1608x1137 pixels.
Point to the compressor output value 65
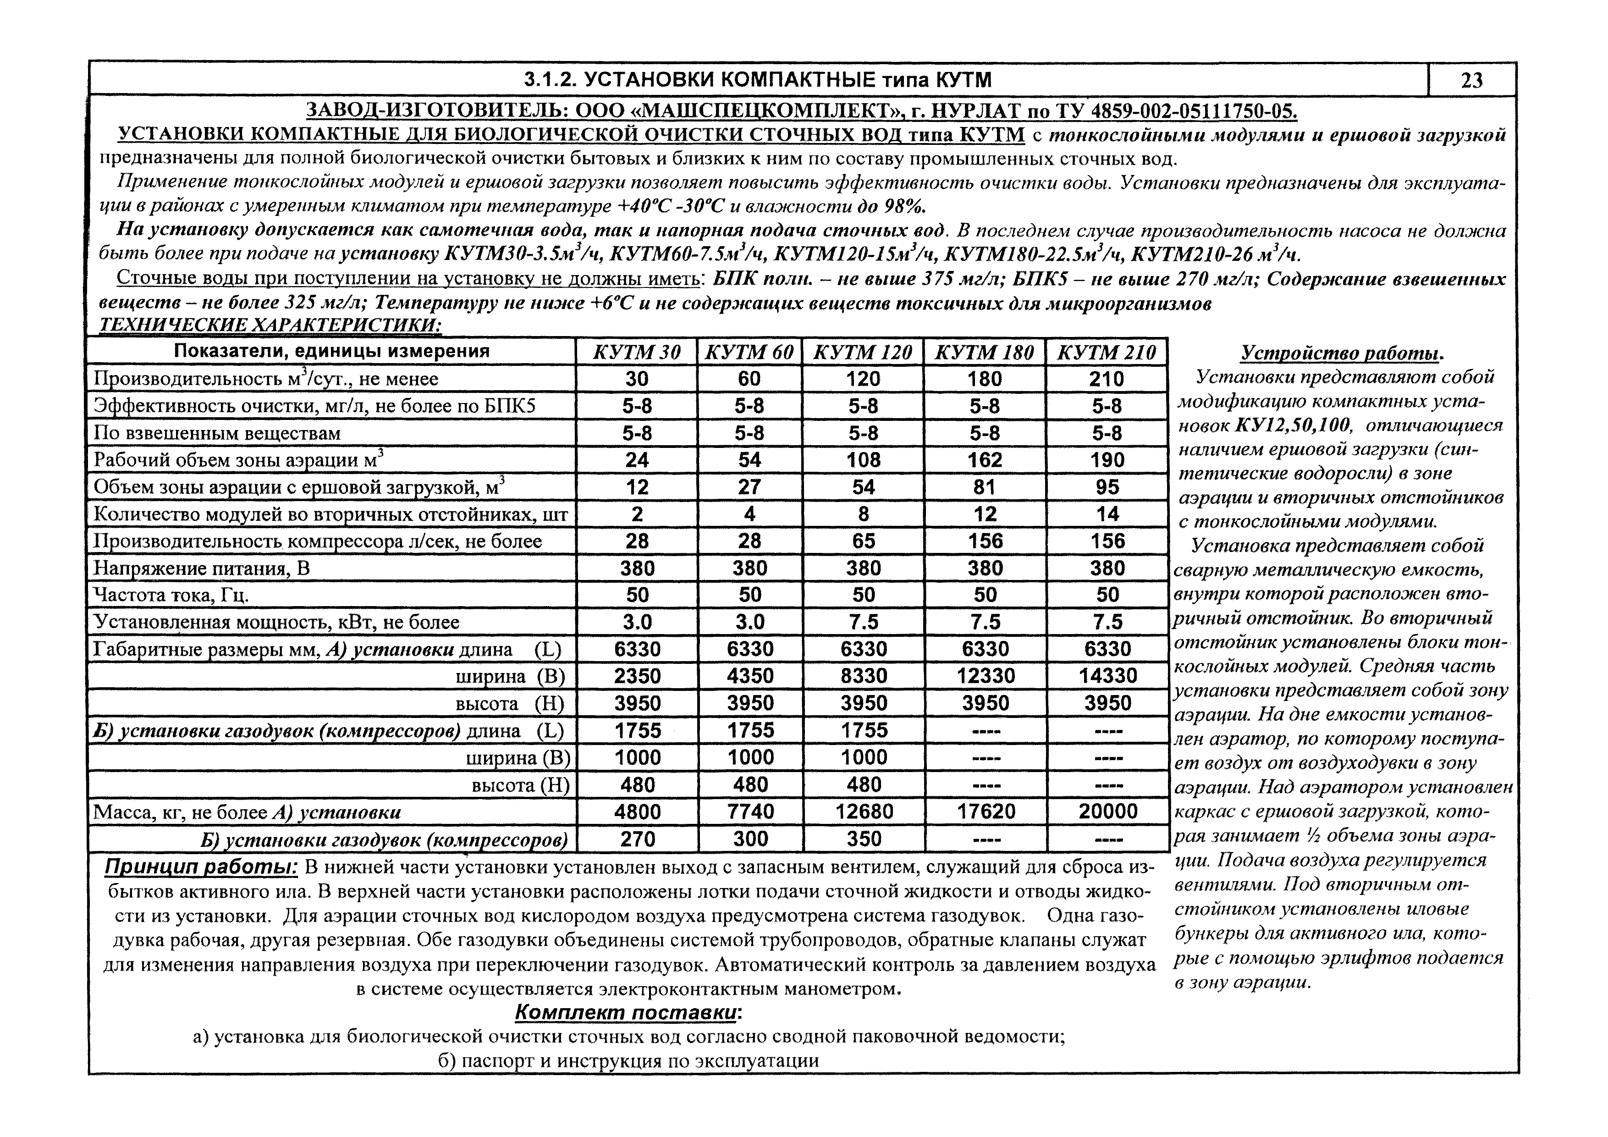click(x=864, y=541)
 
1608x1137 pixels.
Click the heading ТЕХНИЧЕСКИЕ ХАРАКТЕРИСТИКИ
click(x=270, y=325)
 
